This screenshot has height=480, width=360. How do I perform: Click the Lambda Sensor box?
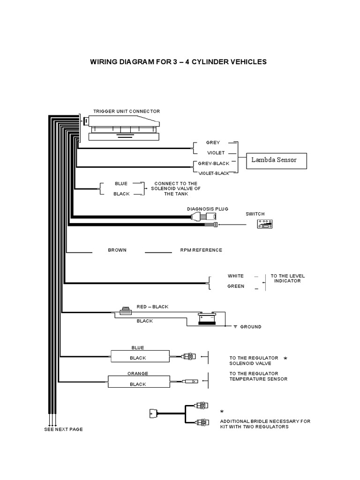click(277, 161)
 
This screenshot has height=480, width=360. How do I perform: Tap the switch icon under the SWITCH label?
click(265, 224)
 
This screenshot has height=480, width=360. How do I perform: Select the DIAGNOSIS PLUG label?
click(208, 209)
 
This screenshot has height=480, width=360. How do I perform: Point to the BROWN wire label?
click(117, 250)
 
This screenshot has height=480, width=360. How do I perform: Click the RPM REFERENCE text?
click(201, 250)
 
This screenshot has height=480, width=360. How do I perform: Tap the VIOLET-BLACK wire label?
click(214, 173)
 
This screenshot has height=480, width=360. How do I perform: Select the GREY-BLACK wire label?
click(214, 164)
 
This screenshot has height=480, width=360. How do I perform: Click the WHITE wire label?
click(236, 276)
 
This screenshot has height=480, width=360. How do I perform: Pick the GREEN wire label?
click(236, 286)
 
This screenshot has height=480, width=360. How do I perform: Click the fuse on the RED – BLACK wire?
click(126, 311)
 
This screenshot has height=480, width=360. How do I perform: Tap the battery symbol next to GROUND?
click(207, 318)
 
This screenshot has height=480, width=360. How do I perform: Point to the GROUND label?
click(251, 327)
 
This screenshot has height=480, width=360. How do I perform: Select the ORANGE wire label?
click(138, 374)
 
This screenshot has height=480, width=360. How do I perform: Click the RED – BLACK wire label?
click(152, 307)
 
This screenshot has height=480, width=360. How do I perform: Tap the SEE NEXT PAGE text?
click(63, 429)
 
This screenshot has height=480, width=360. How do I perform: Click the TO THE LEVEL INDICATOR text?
click(287, 278)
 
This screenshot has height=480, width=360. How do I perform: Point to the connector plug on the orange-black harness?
click(191, 382)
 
